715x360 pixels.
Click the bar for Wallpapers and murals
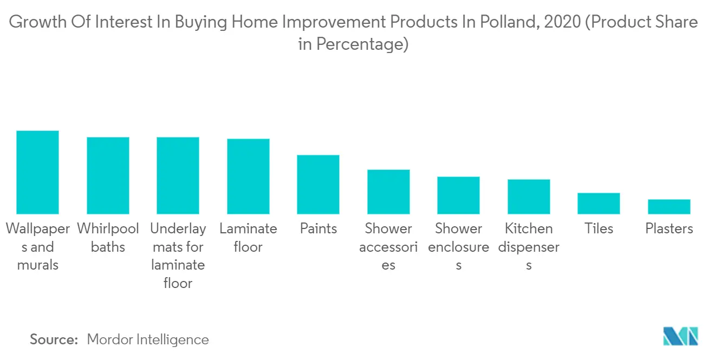[38, 172]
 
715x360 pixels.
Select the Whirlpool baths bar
[108, 175]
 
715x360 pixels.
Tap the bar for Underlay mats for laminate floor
[178, 175]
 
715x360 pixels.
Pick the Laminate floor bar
[248, 176]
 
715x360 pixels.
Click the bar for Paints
[318, 185]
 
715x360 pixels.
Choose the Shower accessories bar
[388, 192]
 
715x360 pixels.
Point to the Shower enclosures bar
[458, 195]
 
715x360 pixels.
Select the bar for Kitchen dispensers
[529, 197]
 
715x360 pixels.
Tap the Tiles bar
[599, 204]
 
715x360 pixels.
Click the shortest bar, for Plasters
[669, 206]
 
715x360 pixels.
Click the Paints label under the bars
[318, 228]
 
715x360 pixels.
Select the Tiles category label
[599, 228]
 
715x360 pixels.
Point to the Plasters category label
[669, 228]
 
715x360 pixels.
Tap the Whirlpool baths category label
[108, 238]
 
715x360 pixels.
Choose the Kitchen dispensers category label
[529, 247]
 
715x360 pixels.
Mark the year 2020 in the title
[562, 22]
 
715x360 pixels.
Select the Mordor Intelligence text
[148, 339]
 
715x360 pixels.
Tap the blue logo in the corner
[681, 336]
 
